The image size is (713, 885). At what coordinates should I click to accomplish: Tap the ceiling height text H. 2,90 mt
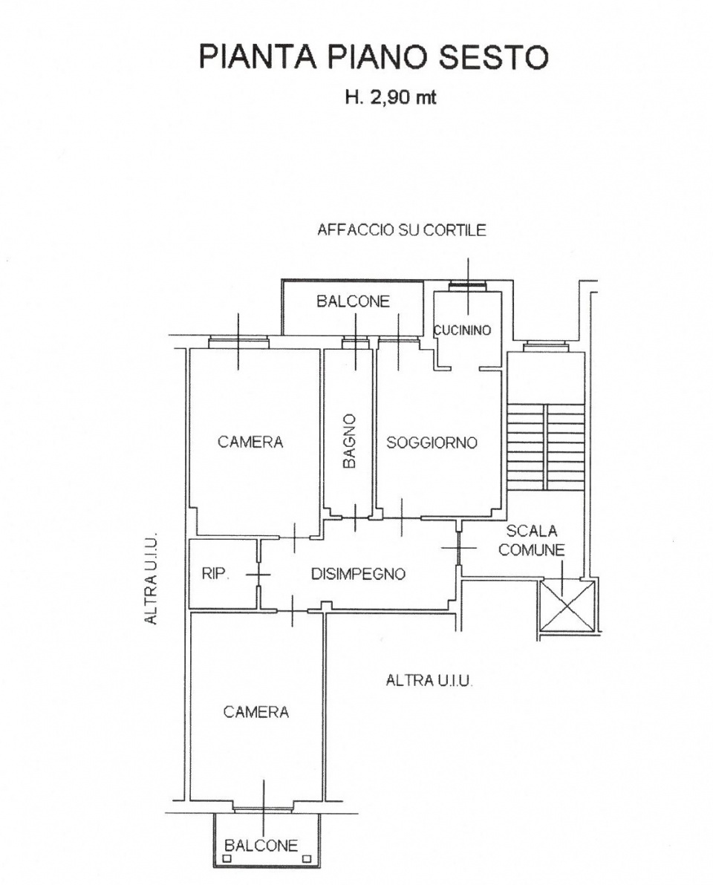pyautogui.click(x=391, y=98)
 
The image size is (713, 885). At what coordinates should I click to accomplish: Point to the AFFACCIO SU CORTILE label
pyautogui.click(x=401, y=229)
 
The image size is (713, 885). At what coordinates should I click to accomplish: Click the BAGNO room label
pyautogui.click(x=350, y=441)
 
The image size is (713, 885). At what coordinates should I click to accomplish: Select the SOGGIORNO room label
pyautogui.click(x=432, y=442)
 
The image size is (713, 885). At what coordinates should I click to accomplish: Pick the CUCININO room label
pyautogui.click(x=463, y=330)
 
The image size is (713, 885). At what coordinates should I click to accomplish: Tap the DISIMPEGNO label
pyautogui.click(x=359, y=574)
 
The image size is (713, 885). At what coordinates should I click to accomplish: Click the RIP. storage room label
pyautogui.click(x=215, y=574)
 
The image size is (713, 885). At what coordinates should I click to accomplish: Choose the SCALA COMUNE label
pyautogui.click(x=531, y=541)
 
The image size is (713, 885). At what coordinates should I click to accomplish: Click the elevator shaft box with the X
pyautogui.click(x=567, y=607)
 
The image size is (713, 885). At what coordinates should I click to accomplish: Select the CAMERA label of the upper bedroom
pyautogui.click(x=250, y=442)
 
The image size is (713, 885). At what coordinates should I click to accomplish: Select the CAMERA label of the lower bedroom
pyautogui.click(x=255, y=712)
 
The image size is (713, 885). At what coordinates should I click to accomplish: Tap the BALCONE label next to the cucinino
pyautogui.click(x=353, y=301)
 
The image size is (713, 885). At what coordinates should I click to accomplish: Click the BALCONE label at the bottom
pyautogui.click(x=261, y=846)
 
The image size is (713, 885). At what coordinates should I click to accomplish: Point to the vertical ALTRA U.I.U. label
pyautogui.click(x=151, y=578)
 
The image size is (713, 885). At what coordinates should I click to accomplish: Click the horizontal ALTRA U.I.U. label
pyautogui.click(x=429, y=681)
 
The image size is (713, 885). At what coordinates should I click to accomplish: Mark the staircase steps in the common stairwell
pyautogui.click(x=545, y=446)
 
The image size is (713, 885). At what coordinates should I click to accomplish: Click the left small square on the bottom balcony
pyautogui.click(x=227, y=858)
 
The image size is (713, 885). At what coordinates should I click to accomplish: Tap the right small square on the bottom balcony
pyautogui.click(x=307, y=858)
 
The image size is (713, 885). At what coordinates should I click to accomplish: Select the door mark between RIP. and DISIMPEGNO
pyautogui.click(x=258, y=575)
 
